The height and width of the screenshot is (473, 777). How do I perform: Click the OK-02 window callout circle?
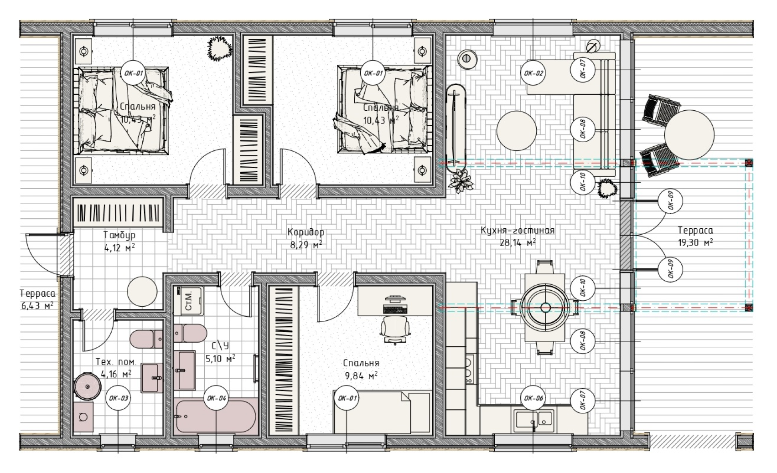(x=533, y=73)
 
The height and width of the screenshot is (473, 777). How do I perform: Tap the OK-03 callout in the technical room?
(x=119, y=398)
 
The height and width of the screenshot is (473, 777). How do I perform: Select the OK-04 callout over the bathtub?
(x=217, y=398)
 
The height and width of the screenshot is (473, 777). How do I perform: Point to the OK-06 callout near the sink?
(x=533, y=398)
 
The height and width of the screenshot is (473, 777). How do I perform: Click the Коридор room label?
(x=306, y=232)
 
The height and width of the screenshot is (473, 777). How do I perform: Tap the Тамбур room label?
(x=119, y=235)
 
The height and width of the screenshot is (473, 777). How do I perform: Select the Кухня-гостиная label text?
(x=518, y=231)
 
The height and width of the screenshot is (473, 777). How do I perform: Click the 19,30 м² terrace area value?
(x=695, y=242)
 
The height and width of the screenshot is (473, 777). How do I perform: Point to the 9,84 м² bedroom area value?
(x=361, y=375)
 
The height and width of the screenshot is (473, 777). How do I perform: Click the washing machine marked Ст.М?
(x=188, y=301)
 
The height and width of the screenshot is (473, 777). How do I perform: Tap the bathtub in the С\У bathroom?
(x=217, y=416)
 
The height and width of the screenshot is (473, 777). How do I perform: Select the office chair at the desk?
(x=395, y=329)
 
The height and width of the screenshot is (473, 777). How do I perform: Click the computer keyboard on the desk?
(x=395, y=309)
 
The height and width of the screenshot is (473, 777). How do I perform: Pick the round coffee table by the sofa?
(x=517, y=131)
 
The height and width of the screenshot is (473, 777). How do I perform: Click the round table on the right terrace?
(x=689, y=135)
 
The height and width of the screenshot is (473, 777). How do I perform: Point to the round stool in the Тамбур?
(x=142, y=292)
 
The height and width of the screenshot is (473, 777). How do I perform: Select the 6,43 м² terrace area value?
(x=37, y=306)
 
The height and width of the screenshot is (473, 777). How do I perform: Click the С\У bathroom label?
(x=220, y=345)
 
